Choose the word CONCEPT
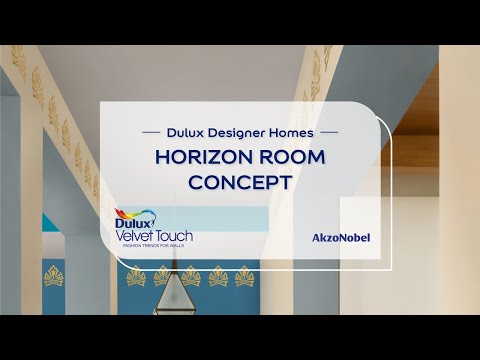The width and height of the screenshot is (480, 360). click(x=240, y=183)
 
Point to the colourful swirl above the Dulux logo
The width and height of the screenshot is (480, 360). click(x=125, y=212)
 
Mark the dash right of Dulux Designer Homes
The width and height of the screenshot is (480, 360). click(x=329, y=131)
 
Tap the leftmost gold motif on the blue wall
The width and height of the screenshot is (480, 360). click(x=53, y=275)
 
